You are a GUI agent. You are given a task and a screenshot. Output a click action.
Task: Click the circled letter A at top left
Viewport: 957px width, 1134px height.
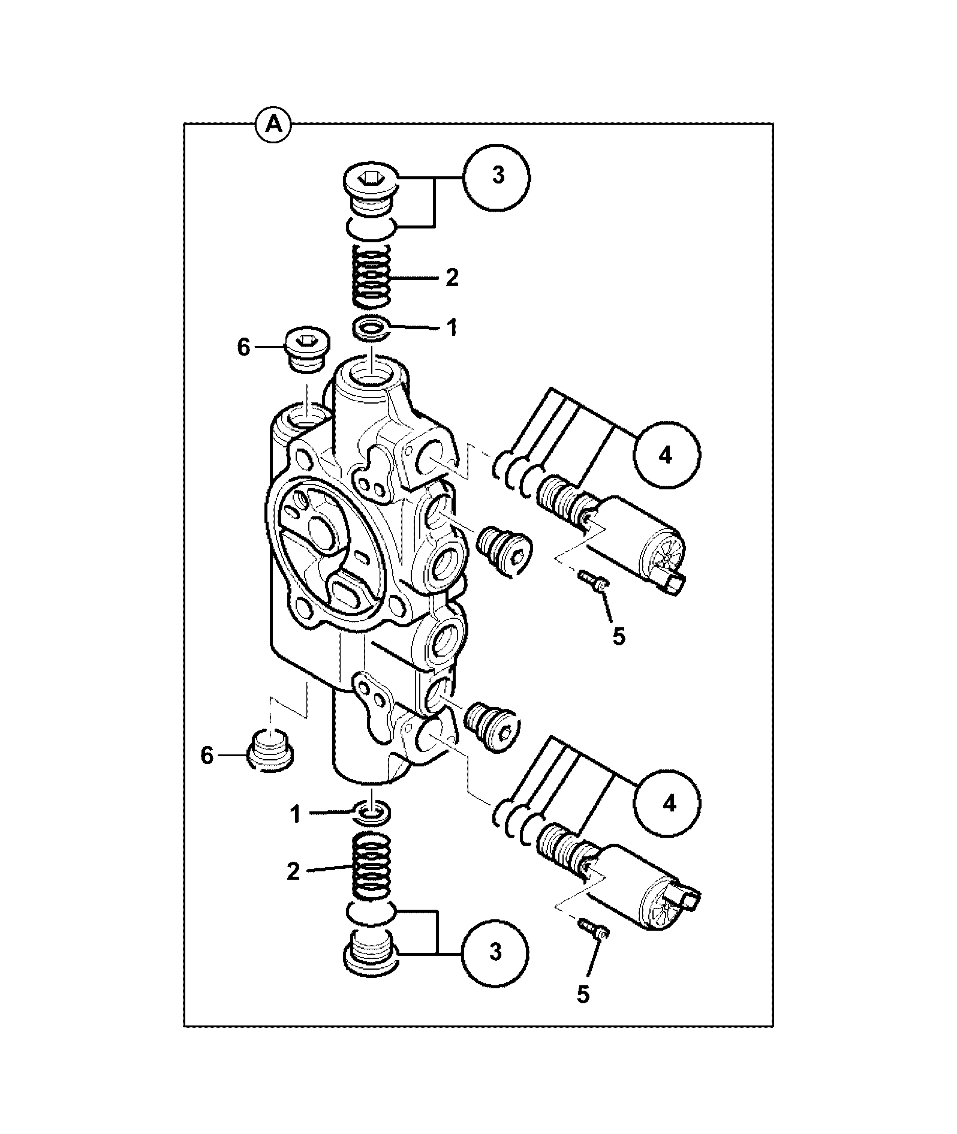273,124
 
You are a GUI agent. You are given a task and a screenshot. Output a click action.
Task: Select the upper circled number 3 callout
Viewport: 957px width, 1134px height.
498,177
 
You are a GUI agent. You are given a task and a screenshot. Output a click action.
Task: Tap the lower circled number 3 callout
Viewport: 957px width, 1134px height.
495,968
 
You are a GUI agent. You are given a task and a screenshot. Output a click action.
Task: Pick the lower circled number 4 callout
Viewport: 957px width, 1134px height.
669,803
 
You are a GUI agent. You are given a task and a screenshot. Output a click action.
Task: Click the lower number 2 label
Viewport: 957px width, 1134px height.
293,871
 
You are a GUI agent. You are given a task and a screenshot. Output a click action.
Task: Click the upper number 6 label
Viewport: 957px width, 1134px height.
243,348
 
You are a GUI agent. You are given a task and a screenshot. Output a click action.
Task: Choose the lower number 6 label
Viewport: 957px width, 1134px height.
207,756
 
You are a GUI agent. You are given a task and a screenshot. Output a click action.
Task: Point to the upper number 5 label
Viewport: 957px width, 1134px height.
619,636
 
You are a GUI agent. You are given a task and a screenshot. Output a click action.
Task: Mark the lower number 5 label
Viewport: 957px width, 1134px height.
583,995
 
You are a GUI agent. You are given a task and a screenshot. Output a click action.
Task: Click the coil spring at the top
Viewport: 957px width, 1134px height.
370,276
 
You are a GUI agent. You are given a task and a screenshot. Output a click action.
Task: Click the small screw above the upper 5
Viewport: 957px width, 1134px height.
594,580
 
